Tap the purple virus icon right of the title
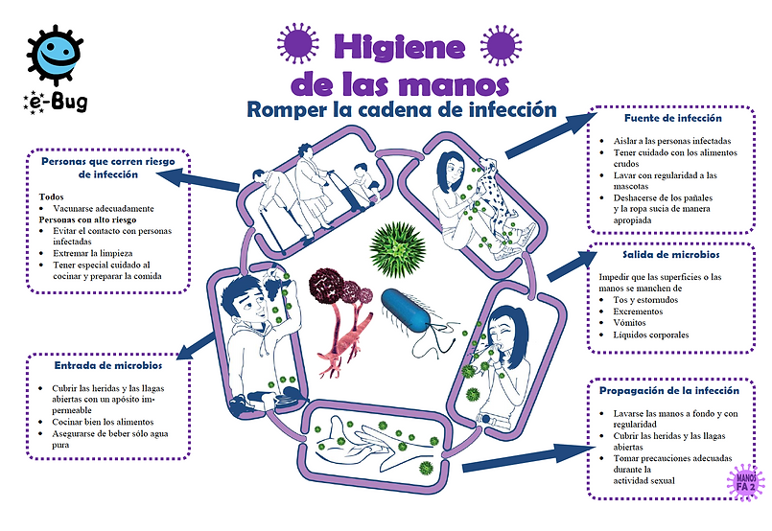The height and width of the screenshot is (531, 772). [502, 44]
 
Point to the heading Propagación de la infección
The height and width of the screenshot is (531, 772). [669, 391]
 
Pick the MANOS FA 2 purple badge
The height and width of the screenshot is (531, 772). [745, 481]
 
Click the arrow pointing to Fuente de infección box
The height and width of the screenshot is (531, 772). [546, 135]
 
